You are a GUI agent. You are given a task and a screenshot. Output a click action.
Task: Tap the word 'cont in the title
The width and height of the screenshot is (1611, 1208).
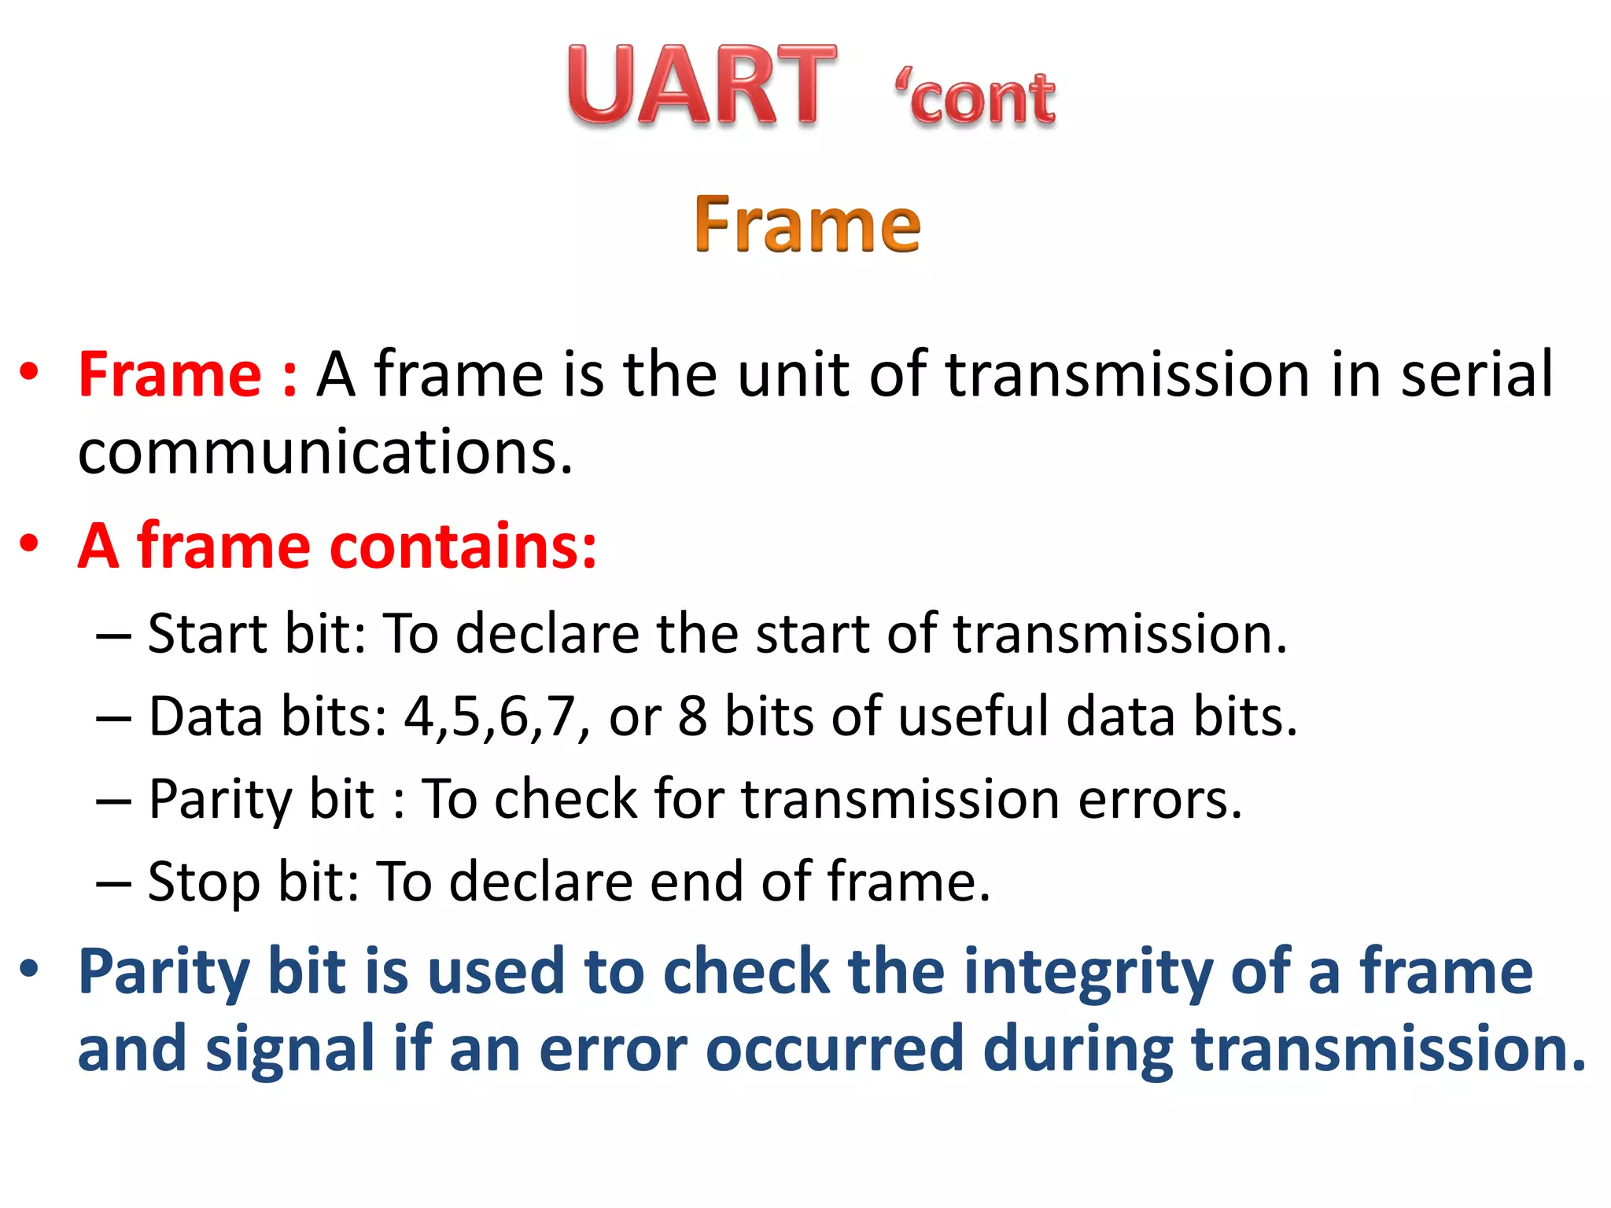coord(975,99)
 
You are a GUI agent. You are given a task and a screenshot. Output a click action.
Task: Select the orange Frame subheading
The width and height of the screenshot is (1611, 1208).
coord(807,225)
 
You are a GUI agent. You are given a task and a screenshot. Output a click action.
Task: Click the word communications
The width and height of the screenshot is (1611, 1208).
coord(324,453)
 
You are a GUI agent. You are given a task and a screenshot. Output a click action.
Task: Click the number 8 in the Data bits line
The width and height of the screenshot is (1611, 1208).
coord(692,716)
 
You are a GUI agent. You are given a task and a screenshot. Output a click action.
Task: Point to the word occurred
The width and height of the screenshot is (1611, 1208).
coord(835,1049)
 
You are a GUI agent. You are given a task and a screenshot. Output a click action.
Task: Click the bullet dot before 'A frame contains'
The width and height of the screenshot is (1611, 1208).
coord(30,543)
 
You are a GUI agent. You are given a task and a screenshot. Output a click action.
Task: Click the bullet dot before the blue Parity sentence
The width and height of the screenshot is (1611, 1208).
coord(30,969)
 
